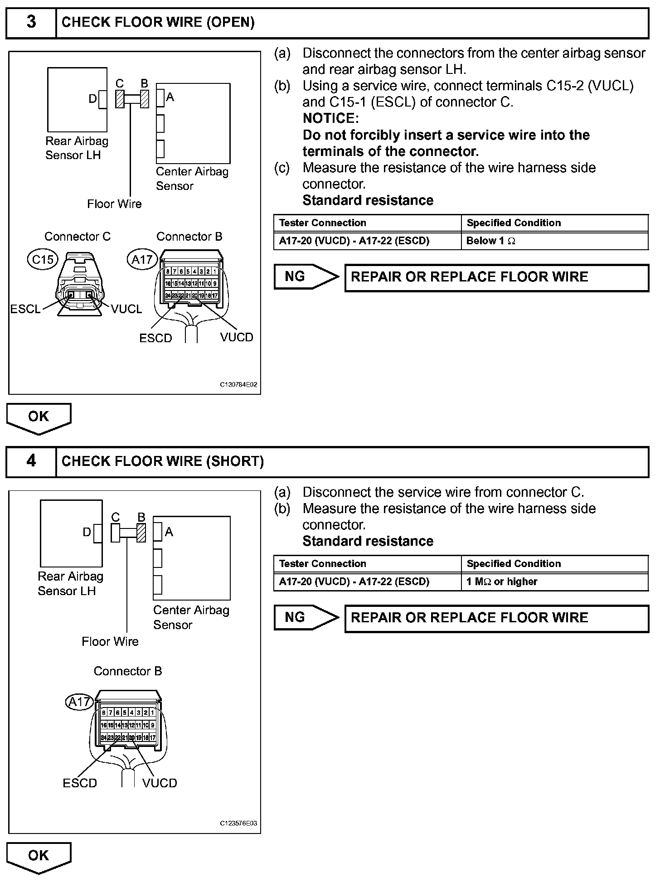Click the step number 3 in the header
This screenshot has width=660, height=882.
tap(31, 22)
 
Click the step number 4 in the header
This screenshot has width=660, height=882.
tap(31, 461)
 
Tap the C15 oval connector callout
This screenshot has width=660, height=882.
tap(43, 259)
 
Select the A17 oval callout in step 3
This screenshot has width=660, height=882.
tap(142, 259)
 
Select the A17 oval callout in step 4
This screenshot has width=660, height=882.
tap(79, 702)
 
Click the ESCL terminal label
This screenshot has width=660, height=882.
tap(25, 309)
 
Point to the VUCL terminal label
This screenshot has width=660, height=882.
tap(126, 309)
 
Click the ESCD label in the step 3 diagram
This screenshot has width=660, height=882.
tap(155, 339)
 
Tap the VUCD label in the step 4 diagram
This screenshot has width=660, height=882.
tap(160, 783)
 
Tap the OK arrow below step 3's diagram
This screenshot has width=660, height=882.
tap(39, 417)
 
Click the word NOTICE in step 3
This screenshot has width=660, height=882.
tap(330, 118)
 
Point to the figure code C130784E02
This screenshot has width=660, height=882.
tap(238, 385)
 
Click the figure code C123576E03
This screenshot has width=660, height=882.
tap(238, 824)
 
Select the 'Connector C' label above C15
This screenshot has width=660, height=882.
tap(78, 237)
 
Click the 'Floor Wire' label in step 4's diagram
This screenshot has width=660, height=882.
tap(110, 642)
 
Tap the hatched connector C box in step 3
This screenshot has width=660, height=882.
tap(120, 99)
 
